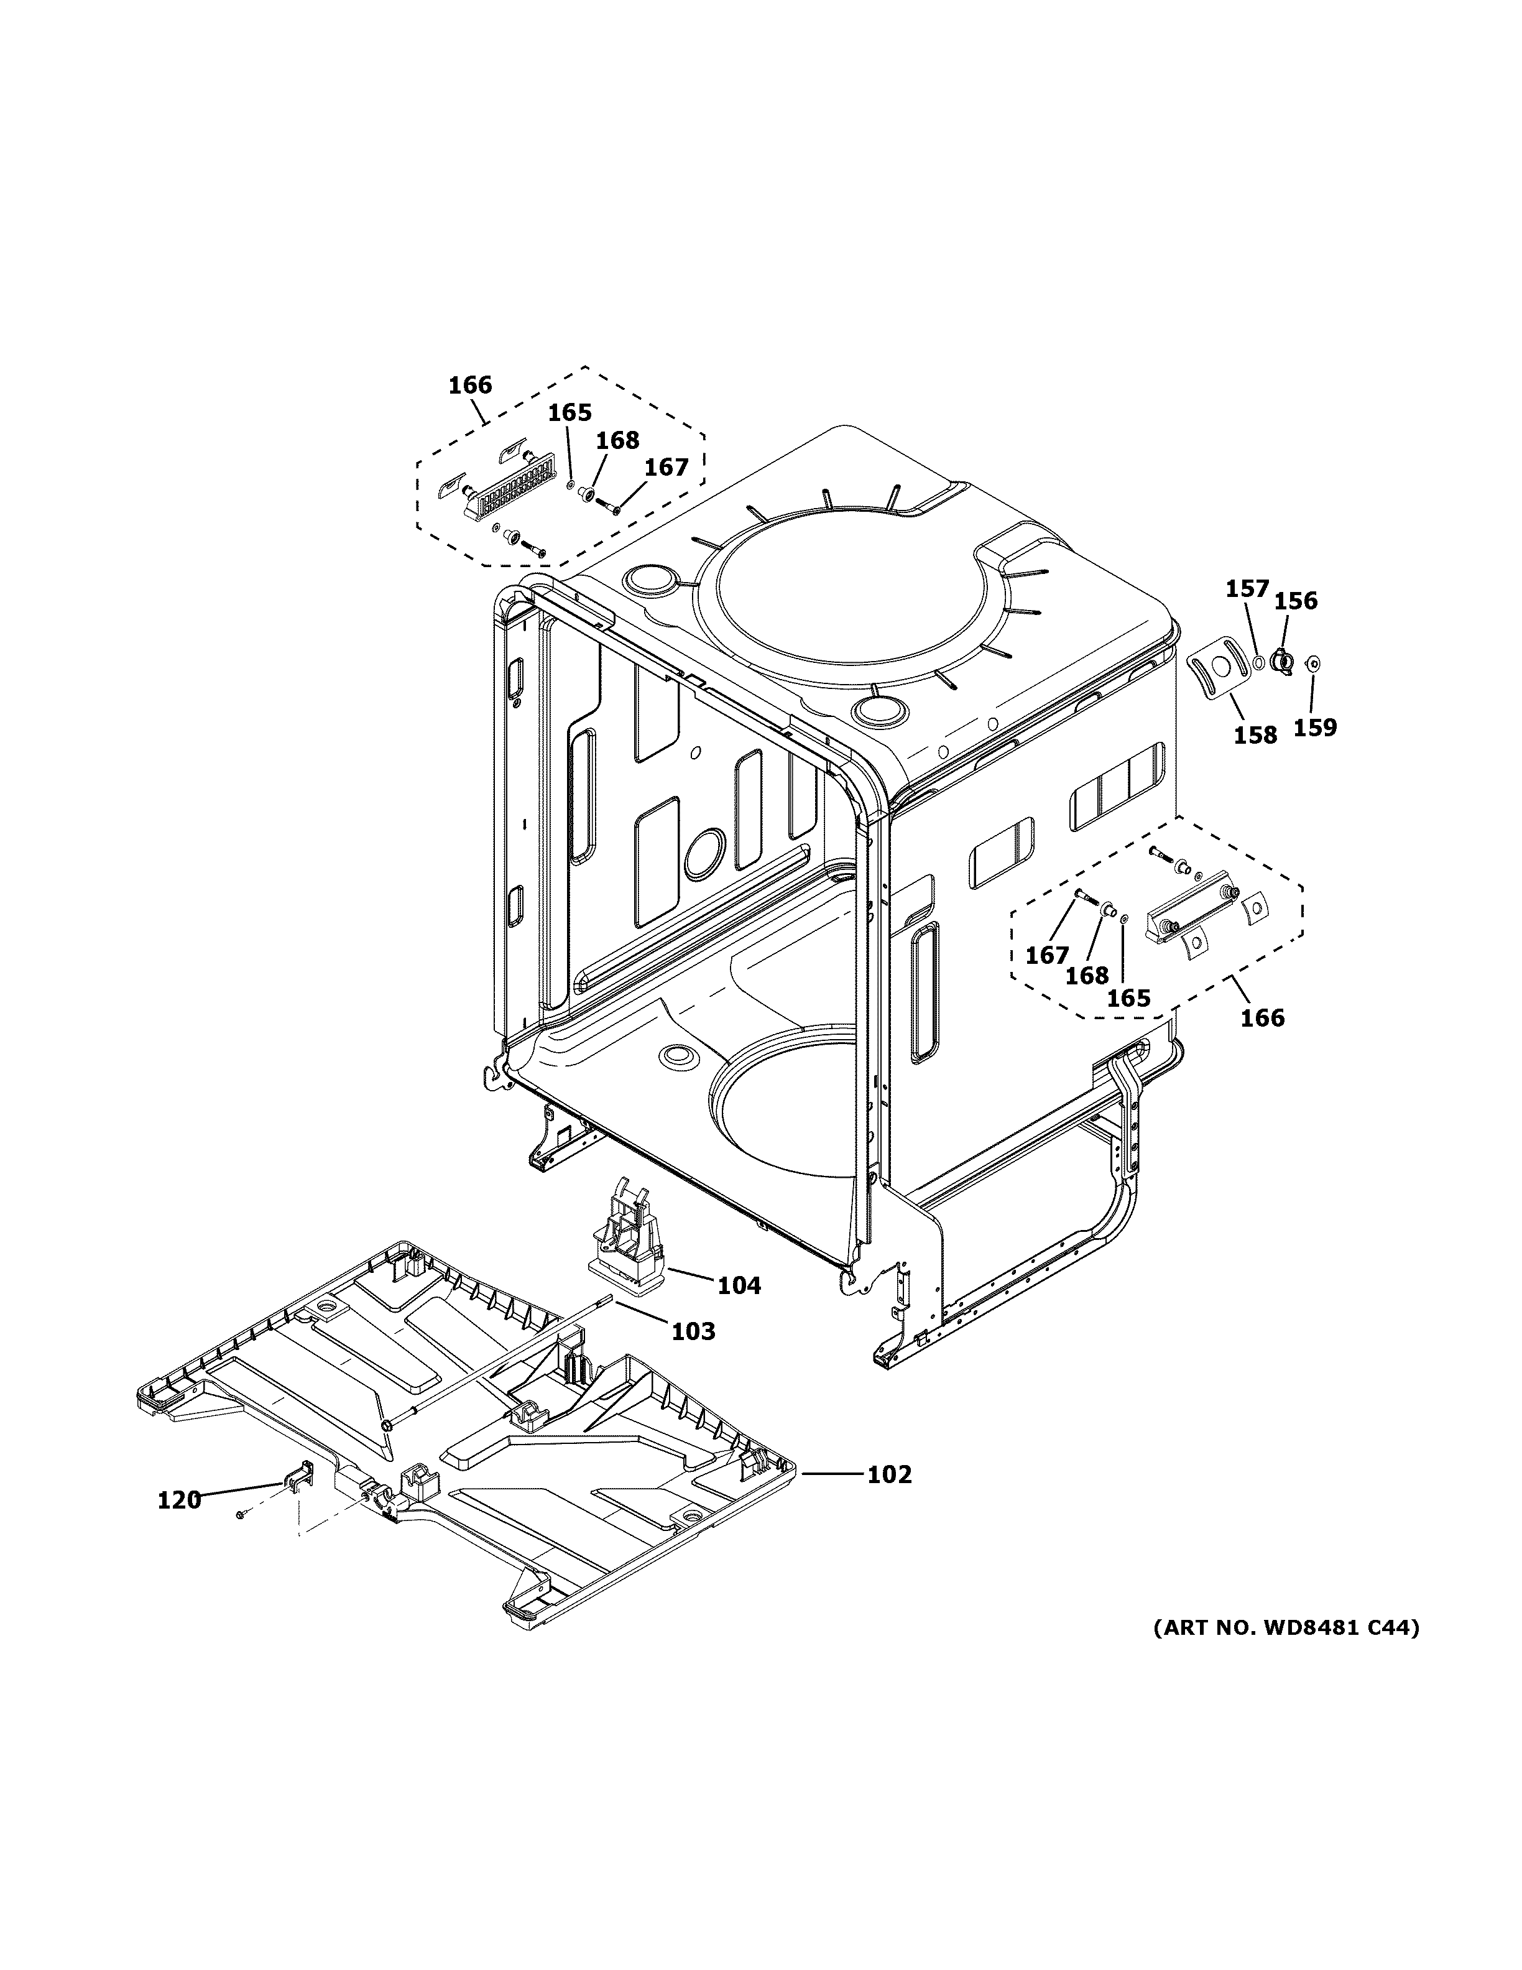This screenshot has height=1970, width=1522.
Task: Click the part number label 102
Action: (889, 1474)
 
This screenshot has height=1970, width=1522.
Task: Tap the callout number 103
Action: (693, 1331)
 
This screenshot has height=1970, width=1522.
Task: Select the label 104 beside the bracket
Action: (739, 1285)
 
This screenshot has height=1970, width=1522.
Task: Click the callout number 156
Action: (1296, 600)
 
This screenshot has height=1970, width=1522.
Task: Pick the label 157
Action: (1247, 589)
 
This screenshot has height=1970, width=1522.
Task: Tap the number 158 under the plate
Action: (1255, 735)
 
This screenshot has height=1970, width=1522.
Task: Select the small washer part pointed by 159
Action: (1314, 664)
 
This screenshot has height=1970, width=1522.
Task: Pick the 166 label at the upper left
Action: (470, 385)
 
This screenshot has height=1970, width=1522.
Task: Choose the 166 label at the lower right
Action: (1262, 1017)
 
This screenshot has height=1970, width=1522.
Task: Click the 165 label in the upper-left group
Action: (570, 412)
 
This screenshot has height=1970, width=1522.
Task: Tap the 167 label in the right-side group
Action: (1047, 955)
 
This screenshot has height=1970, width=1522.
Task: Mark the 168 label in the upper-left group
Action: (617, 440)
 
